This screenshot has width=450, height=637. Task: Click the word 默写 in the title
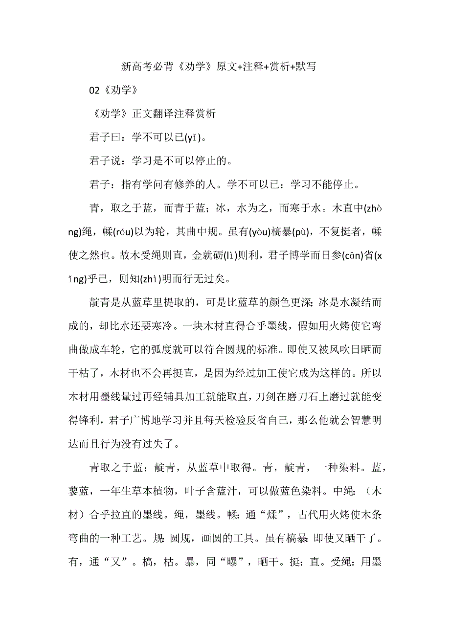[x=305, y=66]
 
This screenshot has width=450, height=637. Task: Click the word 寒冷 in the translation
[x=158, y=327]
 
